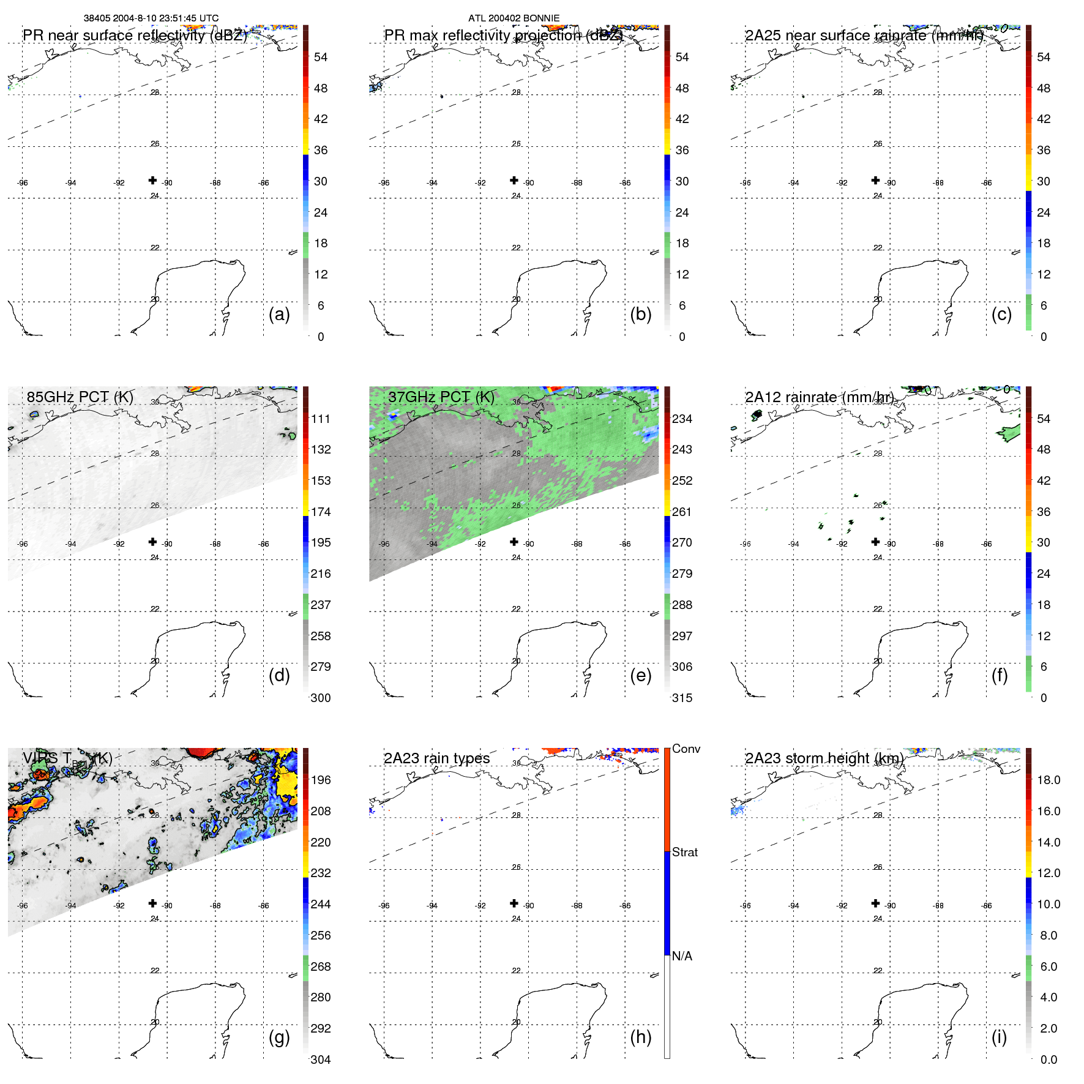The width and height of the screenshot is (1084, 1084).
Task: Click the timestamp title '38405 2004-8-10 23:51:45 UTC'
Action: [x=151, y=18]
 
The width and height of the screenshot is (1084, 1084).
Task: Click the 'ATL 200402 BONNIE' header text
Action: [x=514, y=18]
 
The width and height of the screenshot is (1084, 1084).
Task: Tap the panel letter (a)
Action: [x=279, y=314]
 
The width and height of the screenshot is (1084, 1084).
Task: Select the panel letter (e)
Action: [x=640, y=675]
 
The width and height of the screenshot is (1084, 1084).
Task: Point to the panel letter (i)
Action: [x=999, y=1037]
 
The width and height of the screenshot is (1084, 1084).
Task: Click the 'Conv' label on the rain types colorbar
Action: [x=686, y=749]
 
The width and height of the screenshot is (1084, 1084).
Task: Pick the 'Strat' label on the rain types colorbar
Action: [x=684, y=852]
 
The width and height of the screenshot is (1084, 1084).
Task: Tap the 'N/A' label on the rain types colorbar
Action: [x=682, y=956]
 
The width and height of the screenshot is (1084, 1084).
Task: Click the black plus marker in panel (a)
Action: [x=152, y=180]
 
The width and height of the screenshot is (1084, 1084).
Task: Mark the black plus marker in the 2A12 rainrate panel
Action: [x=875, y=542]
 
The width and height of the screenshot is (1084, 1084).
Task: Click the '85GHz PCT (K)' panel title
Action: [x=80, y=397]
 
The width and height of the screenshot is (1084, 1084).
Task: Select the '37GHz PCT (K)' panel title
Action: [x=441, y=397]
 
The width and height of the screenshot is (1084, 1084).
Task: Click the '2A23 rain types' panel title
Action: [x=436, y=758]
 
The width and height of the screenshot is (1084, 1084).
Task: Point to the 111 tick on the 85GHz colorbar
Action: [x=321, y=419]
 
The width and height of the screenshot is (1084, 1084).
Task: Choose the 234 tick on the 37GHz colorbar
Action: [x=682, y=419]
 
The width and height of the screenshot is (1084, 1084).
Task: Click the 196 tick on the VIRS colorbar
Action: [x=321, y=780]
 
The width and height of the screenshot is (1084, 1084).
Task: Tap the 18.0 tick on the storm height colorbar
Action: [x=1048, y=780]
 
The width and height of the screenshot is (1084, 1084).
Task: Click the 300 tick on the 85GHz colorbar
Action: [x=321, y=698]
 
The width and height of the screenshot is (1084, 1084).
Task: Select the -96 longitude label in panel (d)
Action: [x=23, y=544]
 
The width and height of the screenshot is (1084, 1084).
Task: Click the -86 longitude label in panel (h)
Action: [x=625, y=906]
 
